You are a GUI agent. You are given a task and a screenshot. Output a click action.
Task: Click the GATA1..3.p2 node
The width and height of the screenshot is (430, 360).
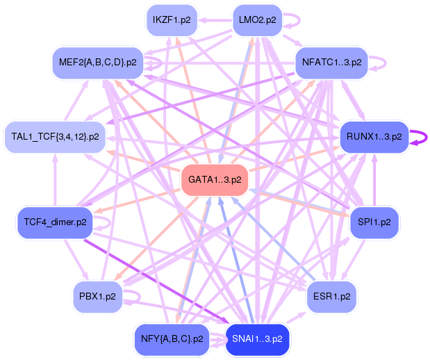point(215,180)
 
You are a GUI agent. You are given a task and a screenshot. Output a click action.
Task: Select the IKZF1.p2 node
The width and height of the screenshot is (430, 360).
point(172,20)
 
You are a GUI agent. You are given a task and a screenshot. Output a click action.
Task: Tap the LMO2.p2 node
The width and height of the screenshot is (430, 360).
point(257,20)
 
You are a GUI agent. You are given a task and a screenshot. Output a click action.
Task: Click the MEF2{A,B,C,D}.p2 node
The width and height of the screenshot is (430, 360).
point(98,63)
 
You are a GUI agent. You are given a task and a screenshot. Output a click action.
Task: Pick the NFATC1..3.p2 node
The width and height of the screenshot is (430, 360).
point(331,63)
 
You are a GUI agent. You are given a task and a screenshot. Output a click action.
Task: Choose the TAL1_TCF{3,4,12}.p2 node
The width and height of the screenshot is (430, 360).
point(55,137)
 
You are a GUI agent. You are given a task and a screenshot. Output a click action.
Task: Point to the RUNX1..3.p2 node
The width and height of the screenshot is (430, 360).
point(374,137)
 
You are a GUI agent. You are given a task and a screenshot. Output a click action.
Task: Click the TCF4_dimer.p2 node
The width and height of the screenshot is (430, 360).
point(55,222)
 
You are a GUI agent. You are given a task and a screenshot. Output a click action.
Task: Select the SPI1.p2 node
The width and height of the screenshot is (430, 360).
point(374,222)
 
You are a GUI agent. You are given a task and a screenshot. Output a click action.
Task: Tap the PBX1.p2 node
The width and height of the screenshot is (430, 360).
point(98,297)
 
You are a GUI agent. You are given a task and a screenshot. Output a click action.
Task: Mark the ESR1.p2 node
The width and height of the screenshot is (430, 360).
point(331,297)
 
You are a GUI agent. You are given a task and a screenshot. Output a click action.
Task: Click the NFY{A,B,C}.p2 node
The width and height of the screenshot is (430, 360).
point(172,339)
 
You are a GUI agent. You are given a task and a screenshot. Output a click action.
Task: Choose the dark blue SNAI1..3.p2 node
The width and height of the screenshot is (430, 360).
point(257,339)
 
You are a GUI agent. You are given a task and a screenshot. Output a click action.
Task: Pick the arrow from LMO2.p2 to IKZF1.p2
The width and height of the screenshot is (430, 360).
point(215,20)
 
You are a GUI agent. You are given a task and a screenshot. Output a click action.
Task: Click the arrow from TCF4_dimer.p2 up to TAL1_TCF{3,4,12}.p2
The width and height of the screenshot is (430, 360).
point(55,180)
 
